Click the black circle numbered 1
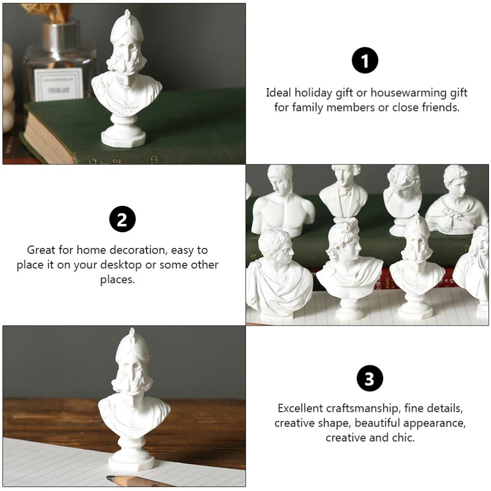[x=365, y=60]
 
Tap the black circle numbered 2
[x=122, y=219]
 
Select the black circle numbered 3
[x=370, y=378]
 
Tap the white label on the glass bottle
[x=58, y=84]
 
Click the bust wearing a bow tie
[x=344, y=191]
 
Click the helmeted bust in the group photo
[x=417, y=266]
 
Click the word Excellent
[x=300, y=409]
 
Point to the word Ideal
[x=279, y=93]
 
